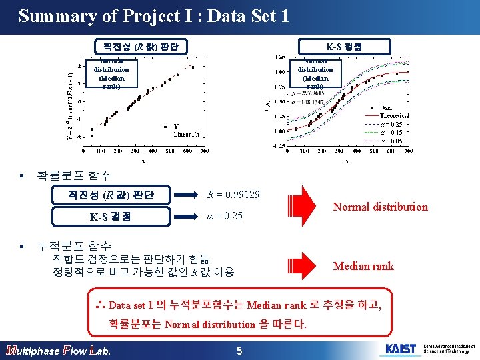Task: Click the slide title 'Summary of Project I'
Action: [153, 16]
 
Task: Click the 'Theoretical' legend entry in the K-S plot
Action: [395, 116]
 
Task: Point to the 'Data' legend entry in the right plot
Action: [386, 108]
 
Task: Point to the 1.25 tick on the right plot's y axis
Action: [281, 57]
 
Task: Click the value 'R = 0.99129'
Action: [233, 195]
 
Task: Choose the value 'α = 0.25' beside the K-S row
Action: [225, 217]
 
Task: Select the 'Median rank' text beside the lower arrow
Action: [363, 266]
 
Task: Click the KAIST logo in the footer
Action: [400, 349]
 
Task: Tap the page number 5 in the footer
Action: [241, 350]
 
